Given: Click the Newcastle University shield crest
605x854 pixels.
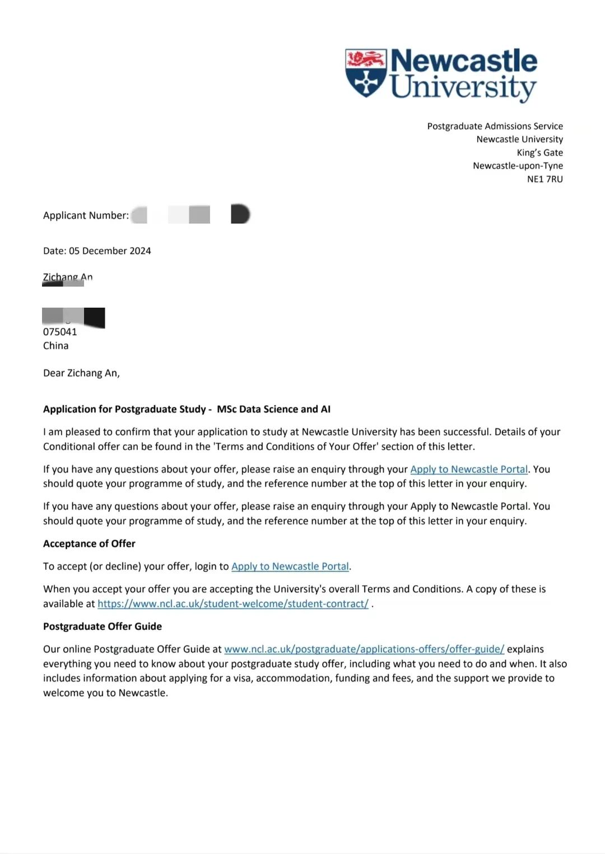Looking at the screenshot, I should coord(366,73).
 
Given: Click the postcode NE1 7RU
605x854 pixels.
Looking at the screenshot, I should coord(544,179).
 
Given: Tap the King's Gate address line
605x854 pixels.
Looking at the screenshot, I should coord(539,152).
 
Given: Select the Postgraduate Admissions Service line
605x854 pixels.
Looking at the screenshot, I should coord(495,126).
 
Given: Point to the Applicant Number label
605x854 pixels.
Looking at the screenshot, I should coord(86,215).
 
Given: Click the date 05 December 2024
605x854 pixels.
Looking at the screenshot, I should coord(110,251).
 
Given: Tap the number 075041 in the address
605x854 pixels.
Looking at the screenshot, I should coord(60,332).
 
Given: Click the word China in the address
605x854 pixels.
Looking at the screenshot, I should coord(55,346).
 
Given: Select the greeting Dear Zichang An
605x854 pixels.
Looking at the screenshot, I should coord(81,373).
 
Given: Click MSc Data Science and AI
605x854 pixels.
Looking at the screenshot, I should coord(273,409).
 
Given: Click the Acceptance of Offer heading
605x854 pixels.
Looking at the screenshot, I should coord(89,544).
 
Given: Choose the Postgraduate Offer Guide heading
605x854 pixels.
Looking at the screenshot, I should coord(103,626).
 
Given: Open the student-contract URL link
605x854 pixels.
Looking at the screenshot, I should coord(233,604).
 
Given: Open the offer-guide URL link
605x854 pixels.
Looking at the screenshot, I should coord(364,649).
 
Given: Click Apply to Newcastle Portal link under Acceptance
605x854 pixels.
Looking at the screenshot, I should coord(290,567).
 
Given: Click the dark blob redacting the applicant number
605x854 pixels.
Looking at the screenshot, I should coord(240,214).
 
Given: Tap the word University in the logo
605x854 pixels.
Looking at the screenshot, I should coord(463,87).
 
